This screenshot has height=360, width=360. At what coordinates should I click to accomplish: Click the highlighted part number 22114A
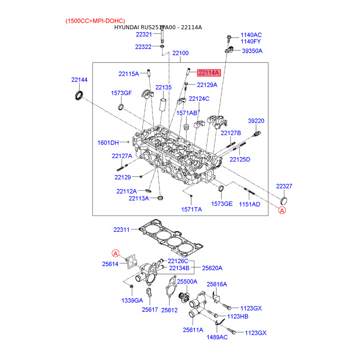click(209, 73)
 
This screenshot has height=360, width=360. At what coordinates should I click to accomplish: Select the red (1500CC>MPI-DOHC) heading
click(95, 21)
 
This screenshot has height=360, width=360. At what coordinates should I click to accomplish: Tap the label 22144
click(80, 80)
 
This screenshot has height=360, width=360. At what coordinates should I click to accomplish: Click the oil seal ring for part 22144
click(79, 95)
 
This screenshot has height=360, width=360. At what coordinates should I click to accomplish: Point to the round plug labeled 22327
click(284, 201)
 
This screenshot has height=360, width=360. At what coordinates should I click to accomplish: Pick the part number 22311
click(121, 229)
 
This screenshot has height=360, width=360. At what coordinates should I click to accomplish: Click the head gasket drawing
click(171, 238)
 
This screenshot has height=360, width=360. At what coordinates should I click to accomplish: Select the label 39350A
click(252, 51)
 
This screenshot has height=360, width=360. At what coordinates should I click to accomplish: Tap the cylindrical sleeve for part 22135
click(163, 105)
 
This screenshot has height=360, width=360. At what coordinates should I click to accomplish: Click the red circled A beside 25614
click(116, 253)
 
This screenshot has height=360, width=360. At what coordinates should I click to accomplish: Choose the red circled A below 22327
click(282, 210)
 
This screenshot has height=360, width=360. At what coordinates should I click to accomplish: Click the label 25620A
click(212, 268)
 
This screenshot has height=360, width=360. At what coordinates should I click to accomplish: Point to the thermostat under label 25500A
click(184, 298)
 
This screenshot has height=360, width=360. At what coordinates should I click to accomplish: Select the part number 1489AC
click(217, 337)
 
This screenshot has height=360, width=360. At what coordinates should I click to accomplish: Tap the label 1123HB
click(238, 316)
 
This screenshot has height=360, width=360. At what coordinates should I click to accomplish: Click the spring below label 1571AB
click(187, 126)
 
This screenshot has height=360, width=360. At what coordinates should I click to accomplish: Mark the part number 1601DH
click(108, 143)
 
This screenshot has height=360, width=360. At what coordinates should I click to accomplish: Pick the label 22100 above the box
click(180, 53)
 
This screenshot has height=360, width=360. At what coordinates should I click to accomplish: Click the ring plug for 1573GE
click(220, 188)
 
